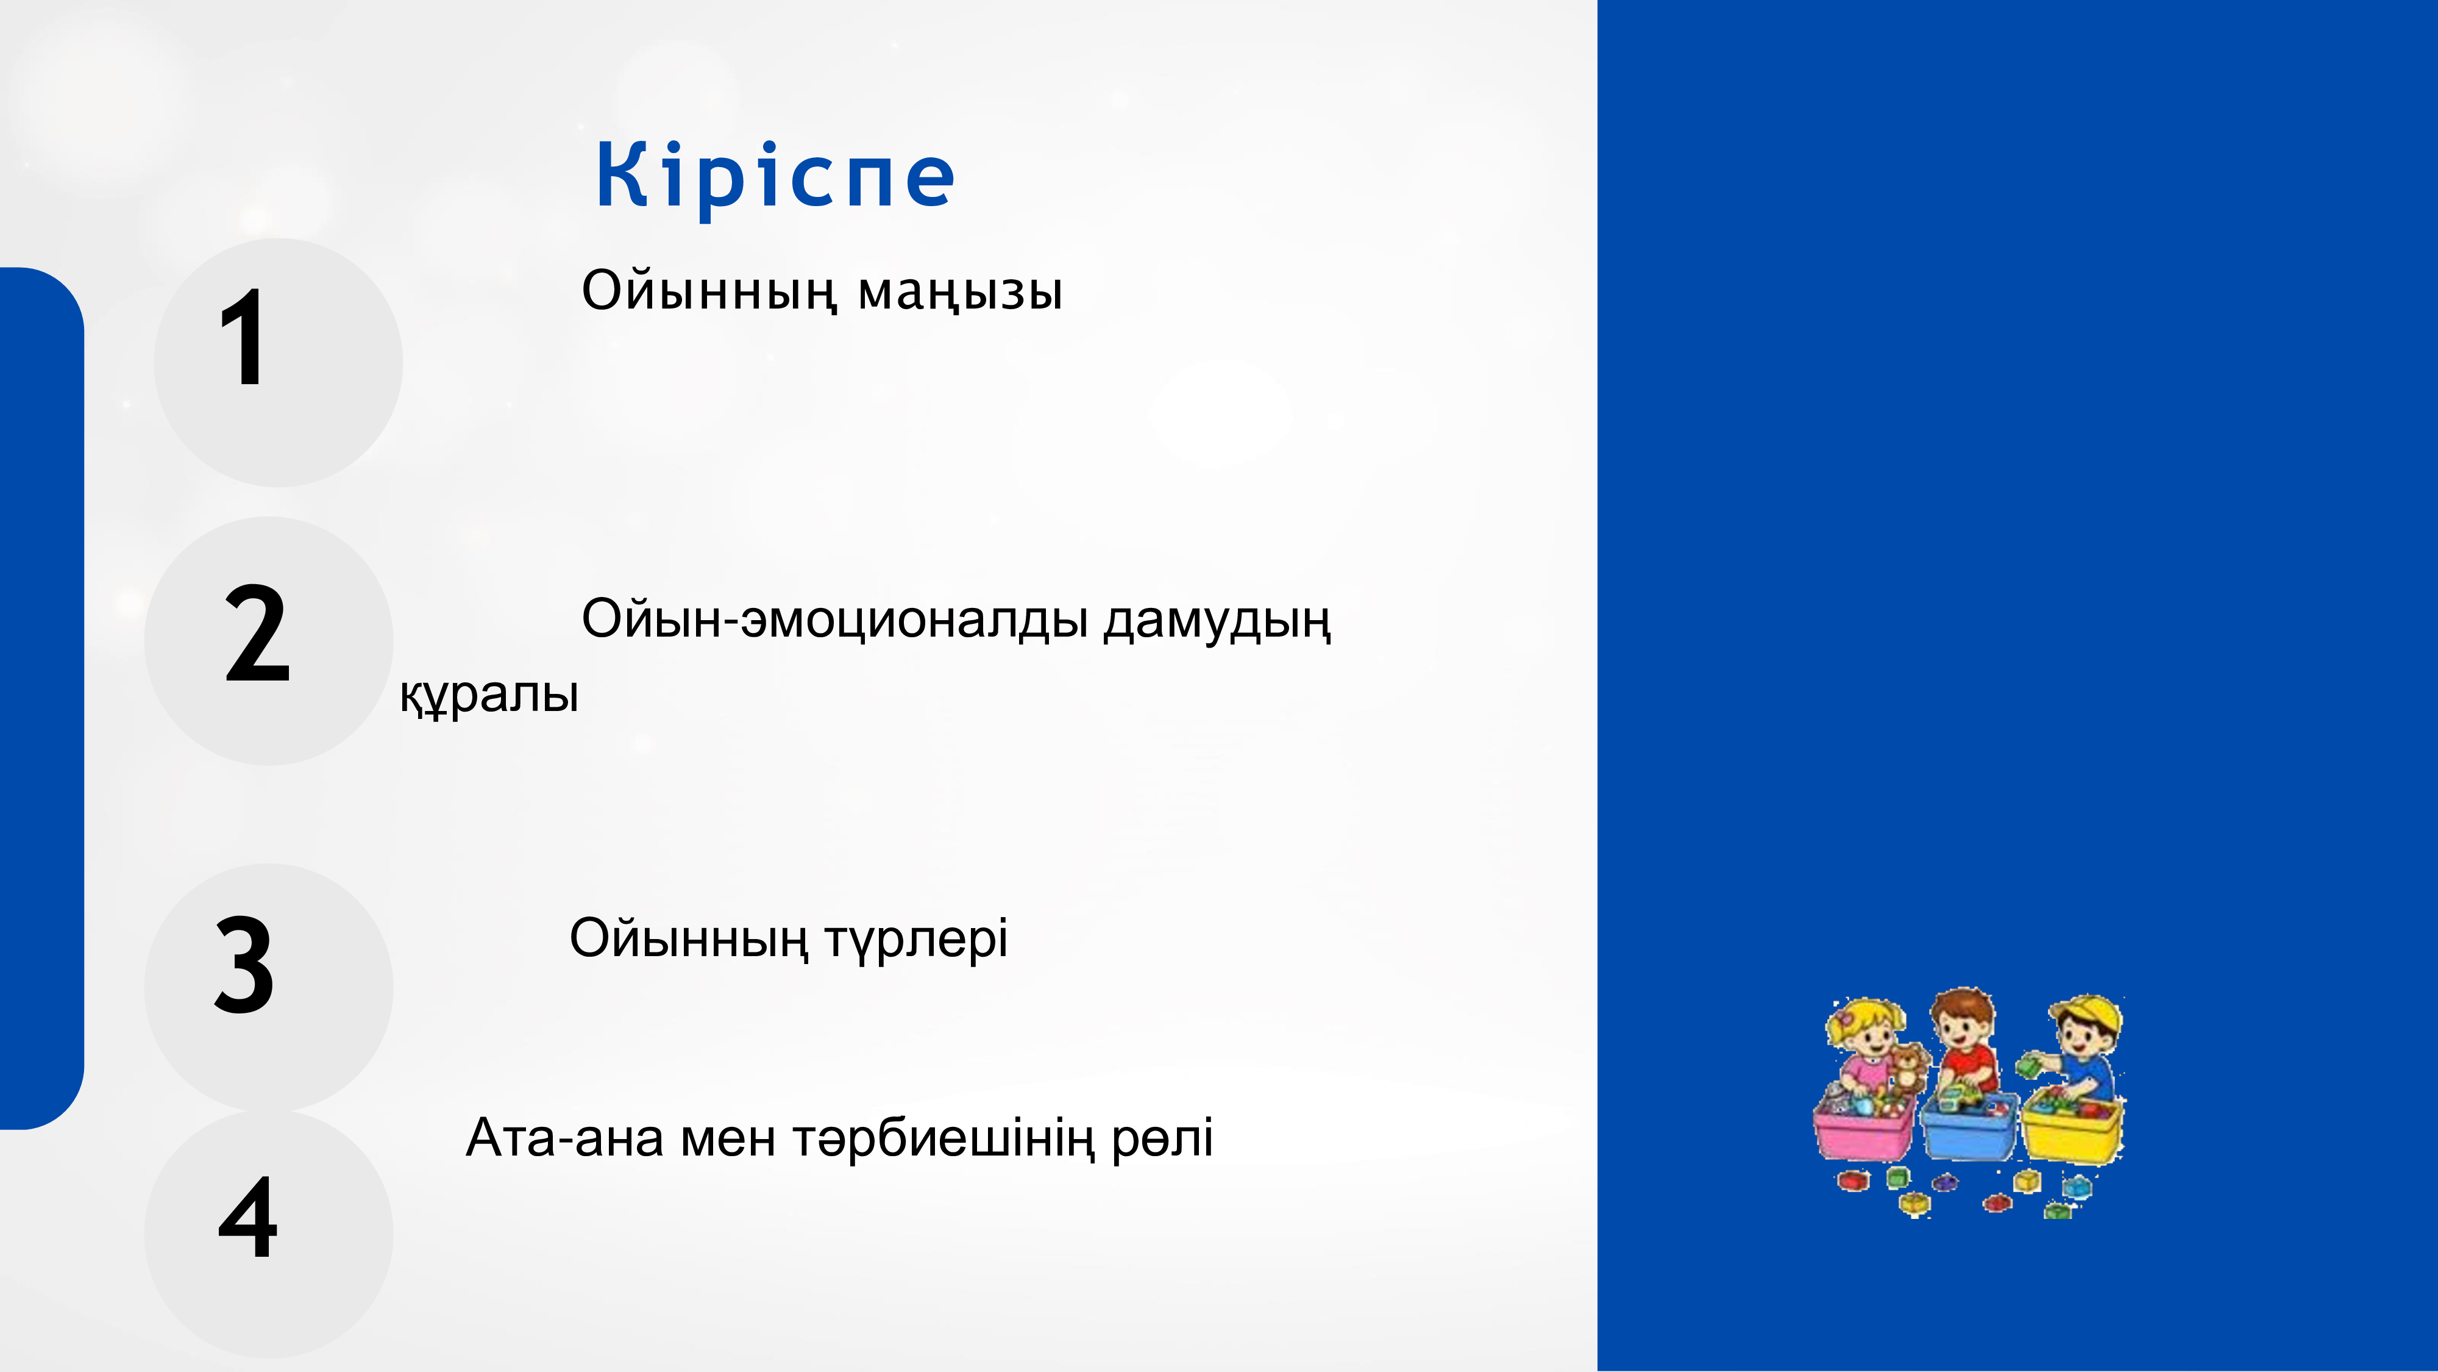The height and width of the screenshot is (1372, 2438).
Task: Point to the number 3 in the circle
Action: (244, 964)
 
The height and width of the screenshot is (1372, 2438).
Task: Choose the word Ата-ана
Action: (564, 1137)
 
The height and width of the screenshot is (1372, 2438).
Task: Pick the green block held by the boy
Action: (2029, 1066)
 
